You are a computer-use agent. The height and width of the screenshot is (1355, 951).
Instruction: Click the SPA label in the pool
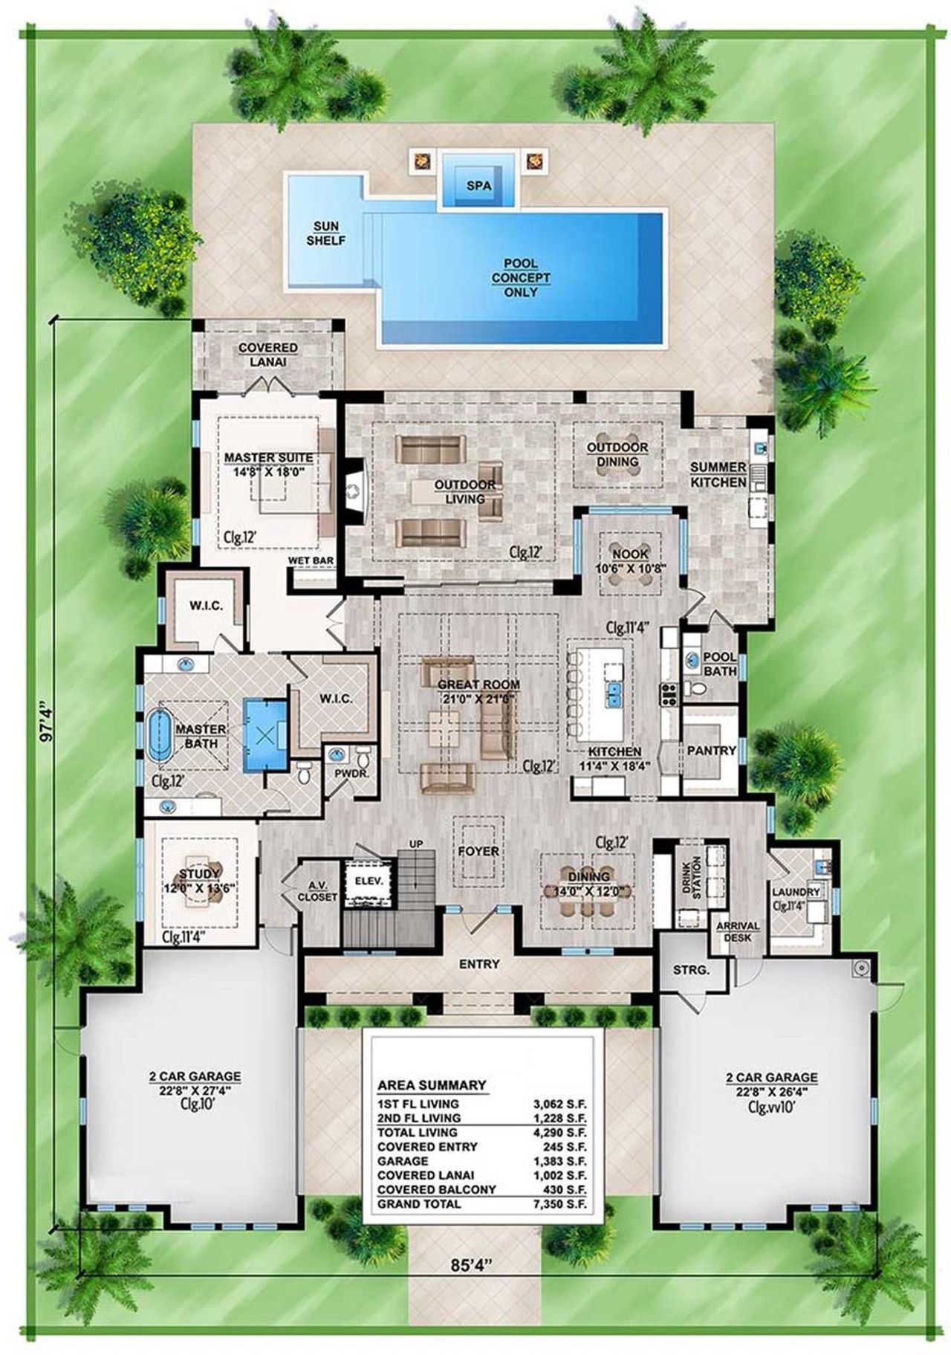479,186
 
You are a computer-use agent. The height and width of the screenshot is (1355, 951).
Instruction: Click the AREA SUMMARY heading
432,1085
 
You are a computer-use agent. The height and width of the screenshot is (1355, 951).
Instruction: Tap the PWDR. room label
347,774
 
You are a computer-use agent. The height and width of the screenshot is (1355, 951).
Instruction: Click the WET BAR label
311,562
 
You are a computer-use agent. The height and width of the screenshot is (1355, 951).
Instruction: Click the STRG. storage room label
691,970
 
